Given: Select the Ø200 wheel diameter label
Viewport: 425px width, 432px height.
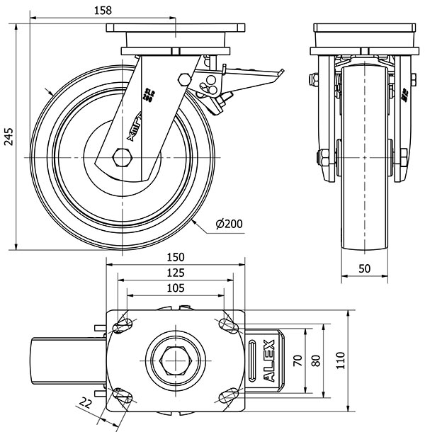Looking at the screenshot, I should tap(228, 224).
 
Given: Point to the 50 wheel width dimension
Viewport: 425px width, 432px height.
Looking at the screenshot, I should tap(364, 268).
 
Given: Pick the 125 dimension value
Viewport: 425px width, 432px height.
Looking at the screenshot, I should tap(176, 272).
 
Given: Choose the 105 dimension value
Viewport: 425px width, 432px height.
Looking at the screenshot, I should tap(176, 288).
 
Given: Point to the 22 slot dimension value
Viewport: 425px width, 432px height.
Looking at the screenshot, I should tap(86, 404).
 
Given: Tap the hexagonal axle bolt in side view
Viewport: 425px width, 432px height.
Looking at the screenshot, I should tap(122, 157).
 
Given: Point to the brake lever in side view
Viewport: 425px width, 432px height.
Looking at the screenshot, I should tap(255, 74).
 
